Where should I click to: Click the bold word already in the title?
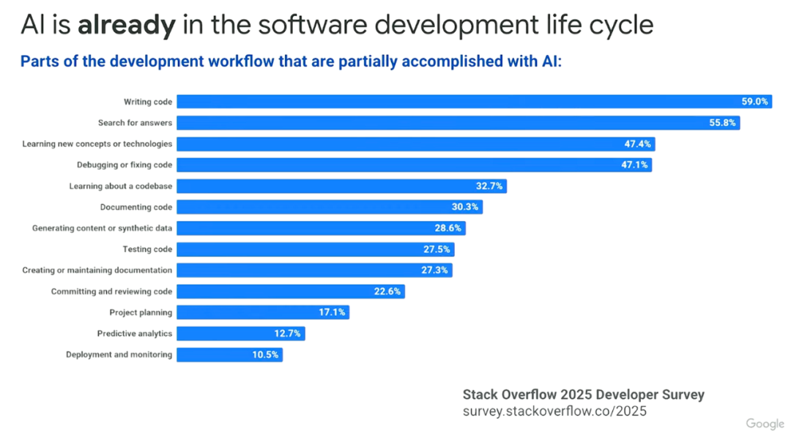coord(126,25)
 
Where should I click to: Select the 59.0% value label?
coord(754,102)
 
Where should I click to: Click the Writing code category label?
coord(148,102)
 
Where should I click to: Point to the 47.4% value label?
coord(637,144)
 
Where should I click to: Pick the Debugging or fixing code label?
coord(125,165)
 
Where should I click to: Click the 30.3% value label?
coord(464,207)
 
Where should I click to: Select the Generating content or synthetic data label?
coord(102,228)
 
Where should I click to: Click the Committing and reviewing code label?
coord(111,291)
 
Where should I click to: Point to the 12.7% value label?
coord(288,334)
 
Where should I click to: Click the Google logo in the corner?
coord(765,424)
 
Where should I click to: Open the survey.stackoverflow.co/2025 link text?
coord(554,411)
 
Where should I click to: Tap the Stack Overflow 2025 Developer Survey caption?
coord(583,394)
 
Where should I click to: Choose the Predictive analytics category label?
coord(135,334)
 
